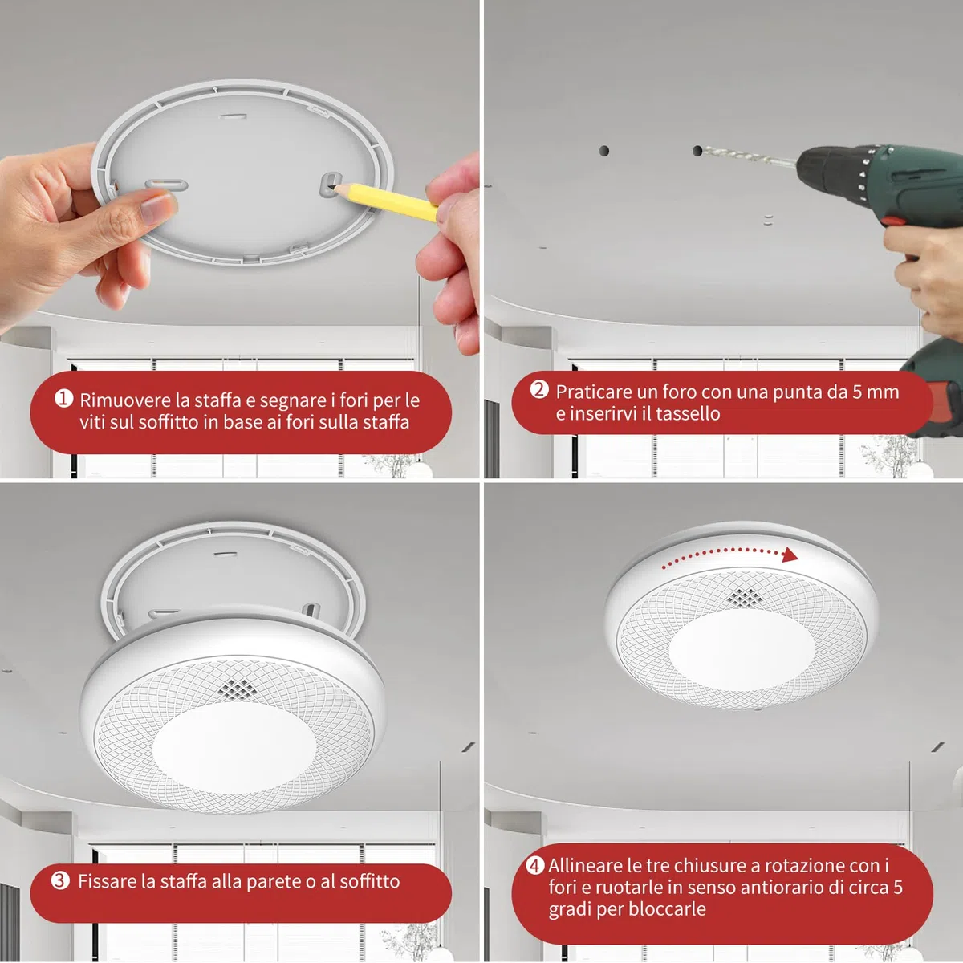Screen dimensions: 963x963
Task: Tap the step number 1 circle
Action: coord(63,398)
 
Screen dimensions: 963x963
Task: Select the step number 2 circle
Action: coord(539,389)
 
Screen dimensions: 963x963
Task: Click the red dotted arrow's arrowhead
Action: coord(790,555)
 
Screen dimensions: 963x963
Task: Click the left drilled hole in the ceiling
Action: coord(604,150)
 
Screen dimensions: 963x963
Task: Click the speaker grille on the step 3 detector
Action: coord(238,689)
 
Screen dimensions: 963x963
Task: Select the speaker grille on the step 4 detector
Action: coord(745,597)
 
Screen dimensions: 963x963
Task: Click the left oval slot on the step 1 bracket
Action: coord(166,185)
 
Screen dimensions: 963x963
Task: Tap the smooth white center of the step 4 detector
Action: coord(742,651)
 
